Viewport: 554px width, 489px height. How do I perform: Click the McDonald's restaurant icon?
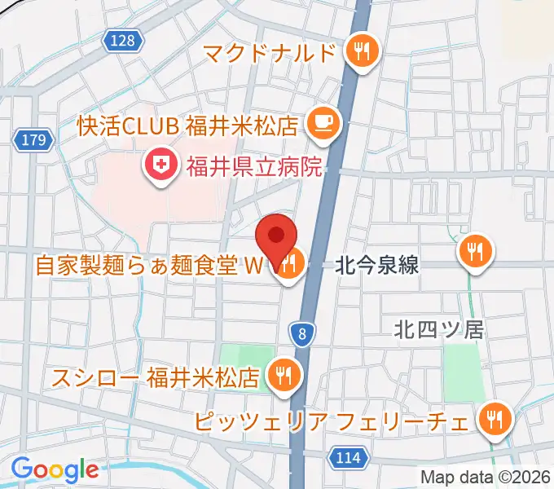pyautogui.click(x=359, y=53)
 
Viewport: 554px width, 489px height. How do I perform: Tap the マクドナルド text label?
pyautogui.click(x=270, y=54)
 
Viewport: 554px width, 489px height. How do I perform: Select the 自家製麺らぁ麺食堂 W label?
pyautogui.click(x=150, y=266)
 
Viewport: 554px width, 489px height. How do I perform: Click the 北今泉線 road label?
pyautogui.click(x=377, y=265)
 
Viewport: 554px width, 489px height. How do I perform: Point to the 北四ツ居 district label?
pyautogui.click(x=438, y=329)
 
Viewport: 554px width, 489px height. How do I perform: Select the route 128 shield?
pyautogui.click(x=124, y=40)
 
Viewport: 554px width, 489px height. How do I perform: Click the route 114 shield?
pyautogui.click(x=348, y=458)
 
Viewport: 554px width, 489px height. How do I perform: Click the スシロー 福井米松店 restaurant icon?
pyautogui.click(x=284, y=375)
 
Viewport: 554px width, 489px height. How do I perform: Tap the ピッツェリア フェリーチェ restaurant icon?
pyautogui.click(x=494, y=421)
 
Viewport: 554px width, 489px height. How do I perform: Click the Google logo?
pyautogui.click(x=55, y=470)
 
